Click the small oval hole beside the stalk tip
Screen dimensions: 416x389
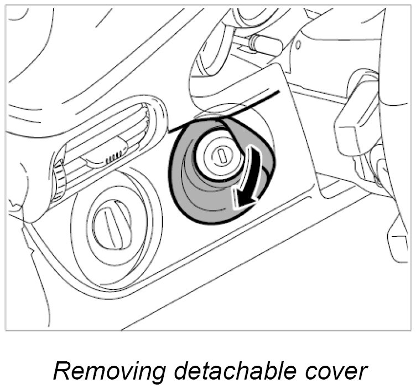tap(298, 42)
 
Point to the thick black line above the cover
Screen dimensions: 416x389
tap(232, 107)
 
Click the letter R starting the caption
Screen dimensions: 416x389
tap(61, 370)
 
